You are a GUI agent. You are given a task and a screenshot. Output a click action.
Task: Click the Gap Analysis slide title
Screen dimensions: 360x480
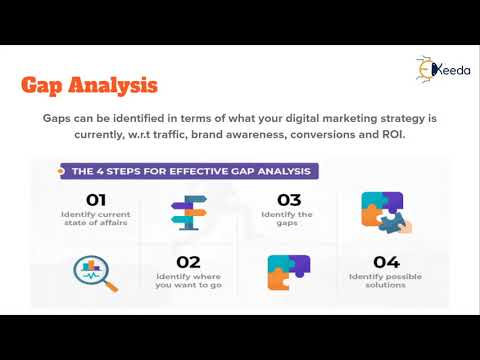[91, 87]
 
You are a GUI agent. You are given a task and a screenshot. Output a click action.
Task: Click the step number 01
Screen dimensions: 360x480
[97, 198]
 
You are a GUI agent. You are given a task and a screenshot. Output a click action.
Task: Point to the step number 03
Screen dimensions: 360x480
[288, 198]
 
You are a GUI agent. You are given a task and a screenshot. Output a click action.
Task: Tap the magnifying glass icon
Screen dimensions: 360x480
[95, 272]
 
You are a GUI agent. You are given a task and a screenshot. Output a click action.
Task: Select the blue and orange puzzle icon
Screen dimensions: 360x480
[289, 271]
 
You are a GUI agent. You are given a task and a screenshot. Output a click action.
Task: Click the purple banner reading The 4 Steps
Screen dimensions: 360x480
[186, 171]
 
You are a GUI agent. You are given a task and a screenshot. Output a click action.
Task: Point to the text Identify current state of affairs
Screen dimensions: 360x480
[97, 219]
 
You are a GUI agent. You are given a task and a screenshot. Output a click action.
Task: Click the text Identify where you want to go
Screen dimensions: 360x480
[191, 281]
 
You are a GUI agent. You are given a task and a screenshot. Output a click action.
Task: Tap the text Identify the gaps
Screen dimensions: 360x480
[287, 219]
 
